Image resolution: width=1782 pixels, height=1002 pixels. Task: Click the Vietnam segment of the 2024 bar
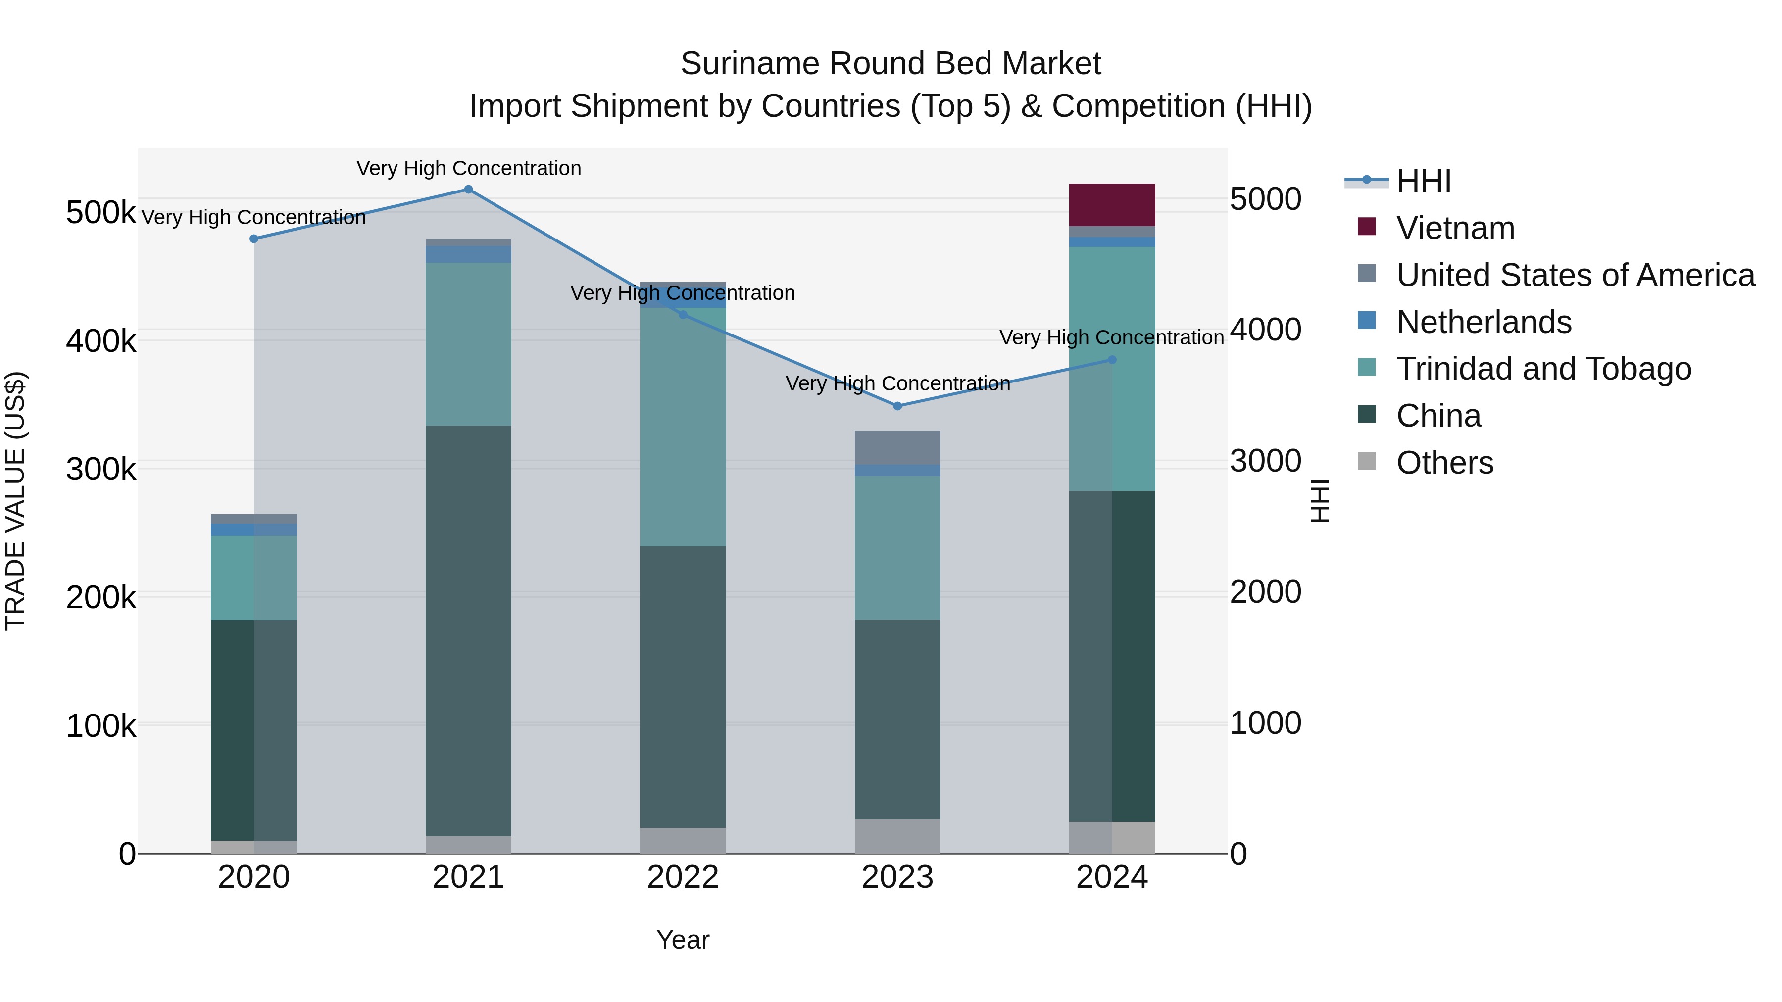click(1112, 205)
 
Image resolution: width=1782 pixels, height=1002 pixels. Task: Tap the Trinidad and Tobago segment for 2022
click(683, 427)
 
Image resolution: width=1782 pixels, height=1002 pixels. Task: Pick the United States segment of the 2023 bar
click(897, 447)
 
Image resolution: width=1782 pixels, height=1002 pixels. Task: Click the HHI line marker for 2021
click(468, 190)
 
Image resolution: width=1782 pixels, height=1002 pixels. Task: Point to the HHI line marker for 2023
click(897, 406)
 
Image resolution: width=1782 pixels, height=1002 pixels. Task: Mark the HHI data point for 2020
click(254, 239)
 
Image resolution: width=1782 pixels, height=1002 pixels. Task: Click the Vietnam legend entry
click(1455, 228)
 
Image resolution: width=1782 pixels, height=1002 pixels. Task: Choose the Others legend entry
click(1444, 463)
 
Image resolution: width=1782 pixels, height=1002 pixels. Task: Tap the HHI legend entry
click(1423, 181)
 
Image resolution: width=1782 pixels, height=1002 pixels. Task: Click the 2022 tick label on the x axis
click(683, 877)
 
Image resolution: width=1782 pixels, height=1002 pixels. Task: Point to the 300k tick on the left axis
click(101, 470)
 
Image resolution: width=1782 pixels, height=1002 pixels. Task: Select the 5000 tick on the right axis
click(1265, 199)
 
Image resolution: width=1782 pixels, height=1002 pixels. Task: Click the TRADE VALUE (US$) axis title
click(16, 501)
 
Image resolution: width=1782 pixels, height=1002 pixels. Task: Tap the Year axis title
click(683, 940)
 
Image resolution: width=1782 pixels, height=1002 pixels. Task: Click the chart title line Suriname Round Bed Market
click(891, 64)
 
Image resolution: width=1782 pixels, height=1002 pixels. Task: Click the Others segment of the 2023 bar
click(897, 836)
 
